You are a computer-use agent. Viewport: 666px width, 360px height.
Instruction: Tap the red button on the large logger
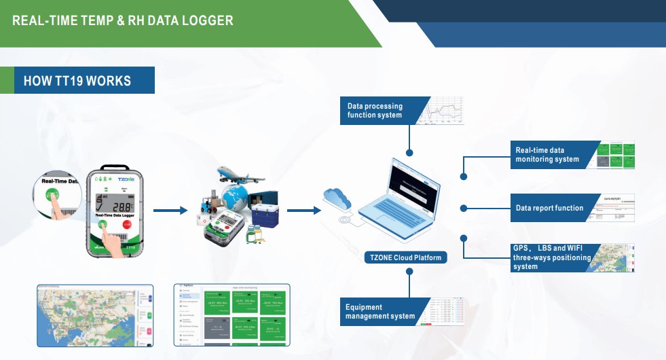tap(126, 225)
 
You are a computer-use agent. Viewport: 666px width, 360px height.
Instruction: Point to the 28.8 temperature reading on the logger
tap(122, 206)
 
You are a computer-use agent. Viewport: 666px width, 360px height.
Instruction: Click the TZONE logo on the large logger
tap(128, 180)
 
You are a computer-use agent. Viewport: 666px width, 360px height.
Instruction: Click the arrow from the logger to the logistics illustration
tap(170, 211)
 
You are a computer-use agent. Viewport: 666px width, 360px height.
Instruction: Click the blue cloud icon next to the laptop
tap(336, 198)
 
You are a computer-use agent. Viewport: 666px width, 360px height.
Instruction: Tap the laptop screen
tap(411, 185)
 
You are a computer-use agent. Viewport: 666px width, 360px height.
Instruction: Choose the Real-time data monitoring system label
tap(549, 155)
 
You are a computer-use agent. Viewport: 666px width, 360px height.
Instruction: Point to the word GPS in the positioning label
tap(521, 248)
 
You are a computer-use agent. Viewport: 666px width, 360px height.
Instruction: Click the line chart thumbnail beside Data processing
tap(441, 111)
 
